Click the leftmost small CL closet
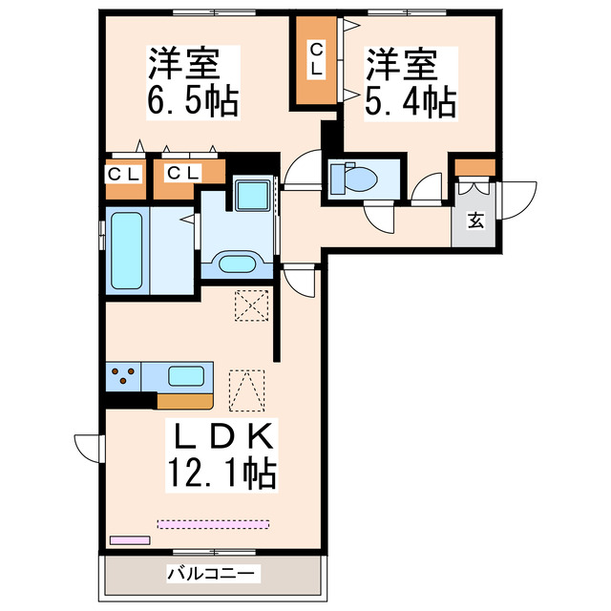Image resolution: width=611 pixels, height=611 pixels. pyautogui.click(x=124, y=175)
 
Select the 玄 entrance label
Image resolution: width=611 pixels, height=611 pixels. pyautogui.click(x=474, y=221)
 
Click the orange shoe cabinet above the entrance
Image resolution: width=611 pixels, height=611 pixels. pyautogui.click(x=474, y=168)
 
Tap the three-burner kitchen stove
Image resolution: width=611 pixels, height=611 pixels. pyautogui.click(x=122, y=376)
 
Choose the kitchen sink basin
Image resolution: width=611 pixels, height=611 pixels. pyautogui.click(x=187, y=375)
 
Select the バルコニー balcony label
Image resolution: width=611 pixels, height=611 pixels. pyautogui.click(x=211, y=575)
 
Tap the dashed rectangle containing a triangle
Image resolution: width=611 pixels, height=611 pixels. pyautogui.click(x=247, y=390)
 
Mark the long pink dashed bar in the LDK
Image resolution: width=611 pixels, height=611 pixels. pyautogui.click(x=214, y=523)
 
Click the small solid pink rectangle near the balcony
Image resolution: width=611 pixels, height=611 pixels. pyautogui.click(x=130, y=539)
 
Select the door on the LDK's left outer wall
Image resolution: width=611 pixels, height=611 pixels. pyautogui.click(x=88, y=447)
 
